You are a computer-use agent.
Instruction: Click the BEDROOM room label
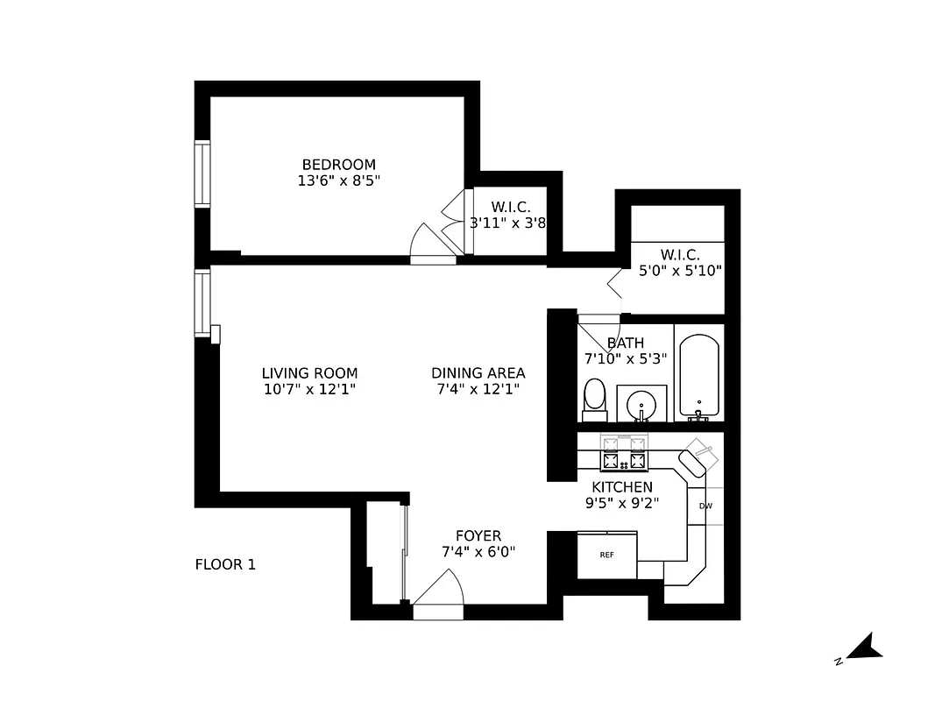tap(338, 165)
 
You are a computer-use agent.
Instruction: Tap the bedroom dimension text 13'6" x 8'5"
tap(338, 181)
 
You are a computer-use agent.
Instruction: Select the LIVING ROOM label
tap(309, 373)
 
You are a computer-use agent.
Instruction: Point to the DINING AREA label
tap(478, 373)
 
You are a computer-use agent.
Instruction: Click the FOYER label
tap(478, 535)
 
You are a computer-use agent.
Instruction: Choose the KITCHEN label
tap(621, 487)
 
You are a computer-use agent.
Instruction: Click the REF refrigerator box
tap(606, 555)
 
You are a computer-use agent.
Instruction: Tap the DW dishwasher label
tap(705, 506)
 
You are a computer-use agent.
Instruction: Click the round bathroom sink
tap(642, 403)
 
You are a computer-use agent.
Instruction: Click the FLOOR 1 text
tap(225, 565)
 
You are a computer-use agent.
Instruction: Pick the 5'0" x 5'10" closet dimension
tap(681, 271)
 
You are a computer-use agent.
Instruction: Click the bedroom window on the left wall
tap(202, 173)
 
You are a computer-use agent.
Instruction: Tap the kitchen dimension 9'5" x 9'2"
tap(621, 503)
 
